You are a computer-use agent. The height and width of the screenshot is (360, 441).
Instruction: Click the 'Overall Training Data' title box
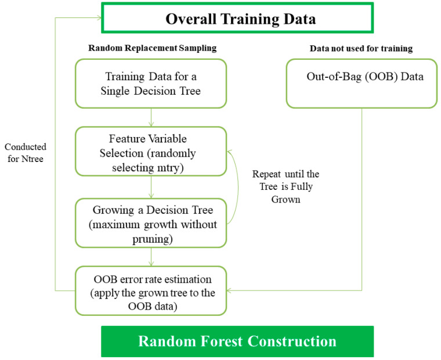[237, 18]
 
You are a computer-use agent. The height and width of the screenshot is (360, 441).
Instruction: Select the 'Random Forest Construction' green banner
[237, 341]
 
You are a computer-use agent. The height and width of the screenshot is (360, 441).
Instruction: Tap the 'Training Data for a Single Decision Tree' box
[151, 84]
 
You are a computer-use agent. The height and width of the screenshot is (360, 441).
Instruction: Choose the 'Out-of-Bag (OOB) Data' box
[362, 84]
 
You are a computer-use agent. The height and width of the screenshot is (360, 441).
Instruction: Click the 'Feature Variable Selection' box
[151, 152]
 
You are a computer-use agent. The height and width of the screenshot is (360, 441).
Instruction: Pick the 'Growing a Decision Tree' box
[151, 223]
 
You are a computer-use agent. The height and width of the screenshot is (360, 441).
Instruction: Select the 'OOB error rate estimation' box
[151, 291]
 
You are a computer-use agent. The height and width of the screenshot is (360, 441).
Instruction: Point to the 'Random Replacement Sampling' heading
[153, 48]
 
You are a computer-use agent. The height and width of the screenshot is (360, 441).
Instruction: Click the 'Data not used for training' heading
[361, 48]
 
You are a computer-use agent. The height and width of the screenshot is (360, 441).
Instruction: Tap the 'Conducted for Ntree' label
[26, 153]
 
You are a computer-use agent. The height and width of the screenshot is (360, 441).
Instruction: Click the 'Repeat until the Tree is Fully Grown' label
[285, 186]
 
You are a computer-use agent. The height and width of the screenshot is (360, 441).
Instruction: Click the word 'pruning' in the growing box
[152, 240]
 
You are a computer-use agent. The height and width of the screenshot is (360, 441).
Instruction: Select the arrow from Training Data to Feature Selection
[151, 117]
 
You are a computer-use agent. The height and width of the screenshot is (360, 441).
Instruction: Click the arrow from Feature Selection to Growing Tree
[151, 187]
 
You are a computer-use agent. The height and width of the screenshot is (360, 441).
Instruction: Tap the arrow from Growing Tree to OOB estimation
[151, 257]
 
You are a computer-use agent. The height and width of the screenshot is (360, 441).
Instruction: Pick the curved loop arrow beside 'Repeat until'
[238, 187]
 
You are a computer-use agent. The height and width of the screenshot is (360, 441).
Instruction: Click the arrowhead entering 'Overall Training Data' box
[99, 18]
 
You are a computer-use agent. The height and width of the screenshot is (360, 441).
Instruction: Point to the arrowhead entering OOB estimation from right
[229, 290]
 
